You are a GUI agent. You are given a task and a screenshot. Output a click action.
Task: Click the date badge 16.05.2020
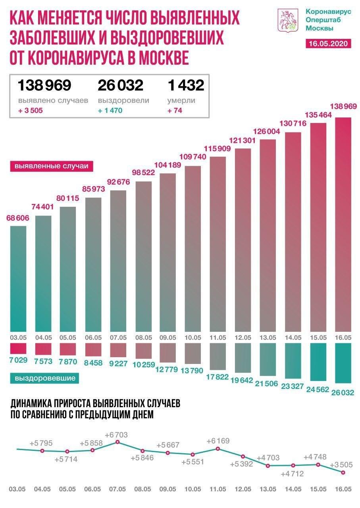click(x=329, y=44)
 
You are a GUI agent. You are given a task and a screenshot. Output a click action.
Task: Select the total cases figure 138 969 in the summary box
click(x=44, y=85)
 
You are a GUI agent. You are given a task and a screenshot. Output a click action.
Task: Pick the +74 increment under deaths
click(x=175, y=110)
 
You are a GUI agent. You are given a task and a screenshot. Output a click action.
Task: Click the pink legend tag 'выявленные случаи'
click(x=51, y=166)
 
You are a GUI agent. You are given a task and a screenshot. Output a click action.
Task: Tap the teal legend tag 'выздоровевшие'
click(x=45, y=378)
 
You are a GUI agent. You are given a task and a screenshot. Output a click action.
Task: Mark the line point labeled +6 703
click(x=117, y=442)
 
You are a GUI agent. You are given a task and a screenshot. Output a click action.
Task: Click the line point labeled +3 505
click(x=343, y=472)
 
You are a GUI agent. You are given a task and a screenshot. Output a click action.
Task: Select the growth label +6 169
click(x=218, y=441)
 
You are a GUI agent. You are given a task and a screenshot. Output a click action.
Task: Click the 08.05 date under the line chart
click(x=142, y=490)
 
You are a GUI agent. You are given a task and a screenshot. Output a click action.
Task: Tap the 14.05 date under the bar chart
click(x=292, y=337)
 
